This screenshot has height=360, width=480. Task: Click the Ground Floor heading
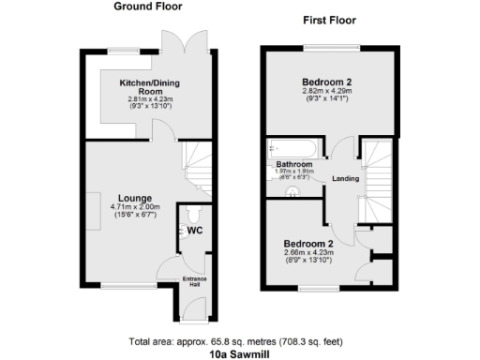click(148, 7)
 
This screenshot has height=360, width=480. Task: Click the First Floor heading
click(327, 21)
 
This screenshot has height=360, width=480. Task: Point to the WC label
click(195, 230)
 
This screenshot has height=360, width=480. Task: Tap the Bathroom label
click(293, 165)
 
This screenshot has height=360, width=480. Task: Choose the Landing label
click(345, 178)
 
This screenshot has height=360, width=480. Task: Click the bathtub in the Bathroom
click(292, 148)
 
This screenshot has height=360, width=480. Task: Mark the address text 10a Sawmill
click(240, 354)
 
